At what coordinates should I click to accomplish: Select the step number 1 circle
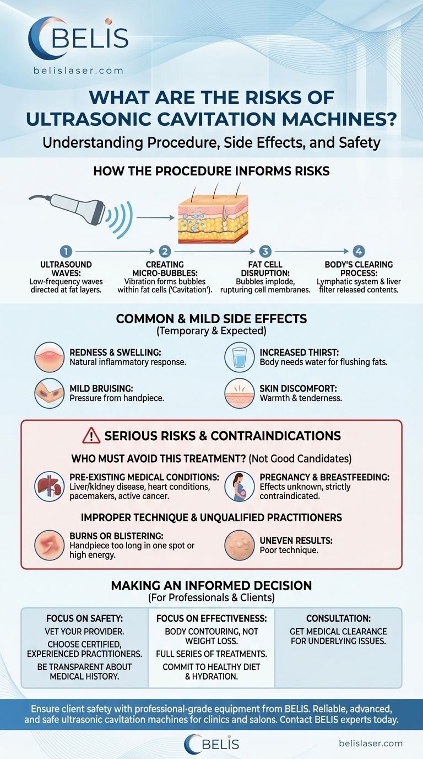65,252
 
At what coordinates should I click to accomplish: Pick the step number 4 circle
359,252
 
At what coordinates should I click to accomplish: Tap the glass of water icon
240,357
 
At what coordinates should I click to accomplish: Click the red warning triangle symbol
91,436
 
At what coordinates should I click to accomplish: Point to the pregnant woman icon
240,485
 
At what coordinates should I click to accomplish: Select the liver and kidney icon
50,485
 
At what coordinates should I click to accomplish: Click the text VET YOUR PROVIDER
84,632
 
